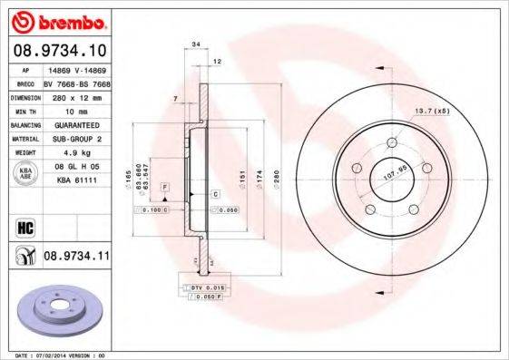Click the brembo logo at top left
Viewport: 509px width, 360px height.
pyautogui.click(x=57, y=20)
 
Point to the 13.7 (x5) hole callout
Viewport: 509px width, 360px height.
pyautogui.click(x=432, y=111)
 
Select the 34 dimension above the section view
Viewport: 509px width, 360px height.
pyautogui.click(x=196, y=43)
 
